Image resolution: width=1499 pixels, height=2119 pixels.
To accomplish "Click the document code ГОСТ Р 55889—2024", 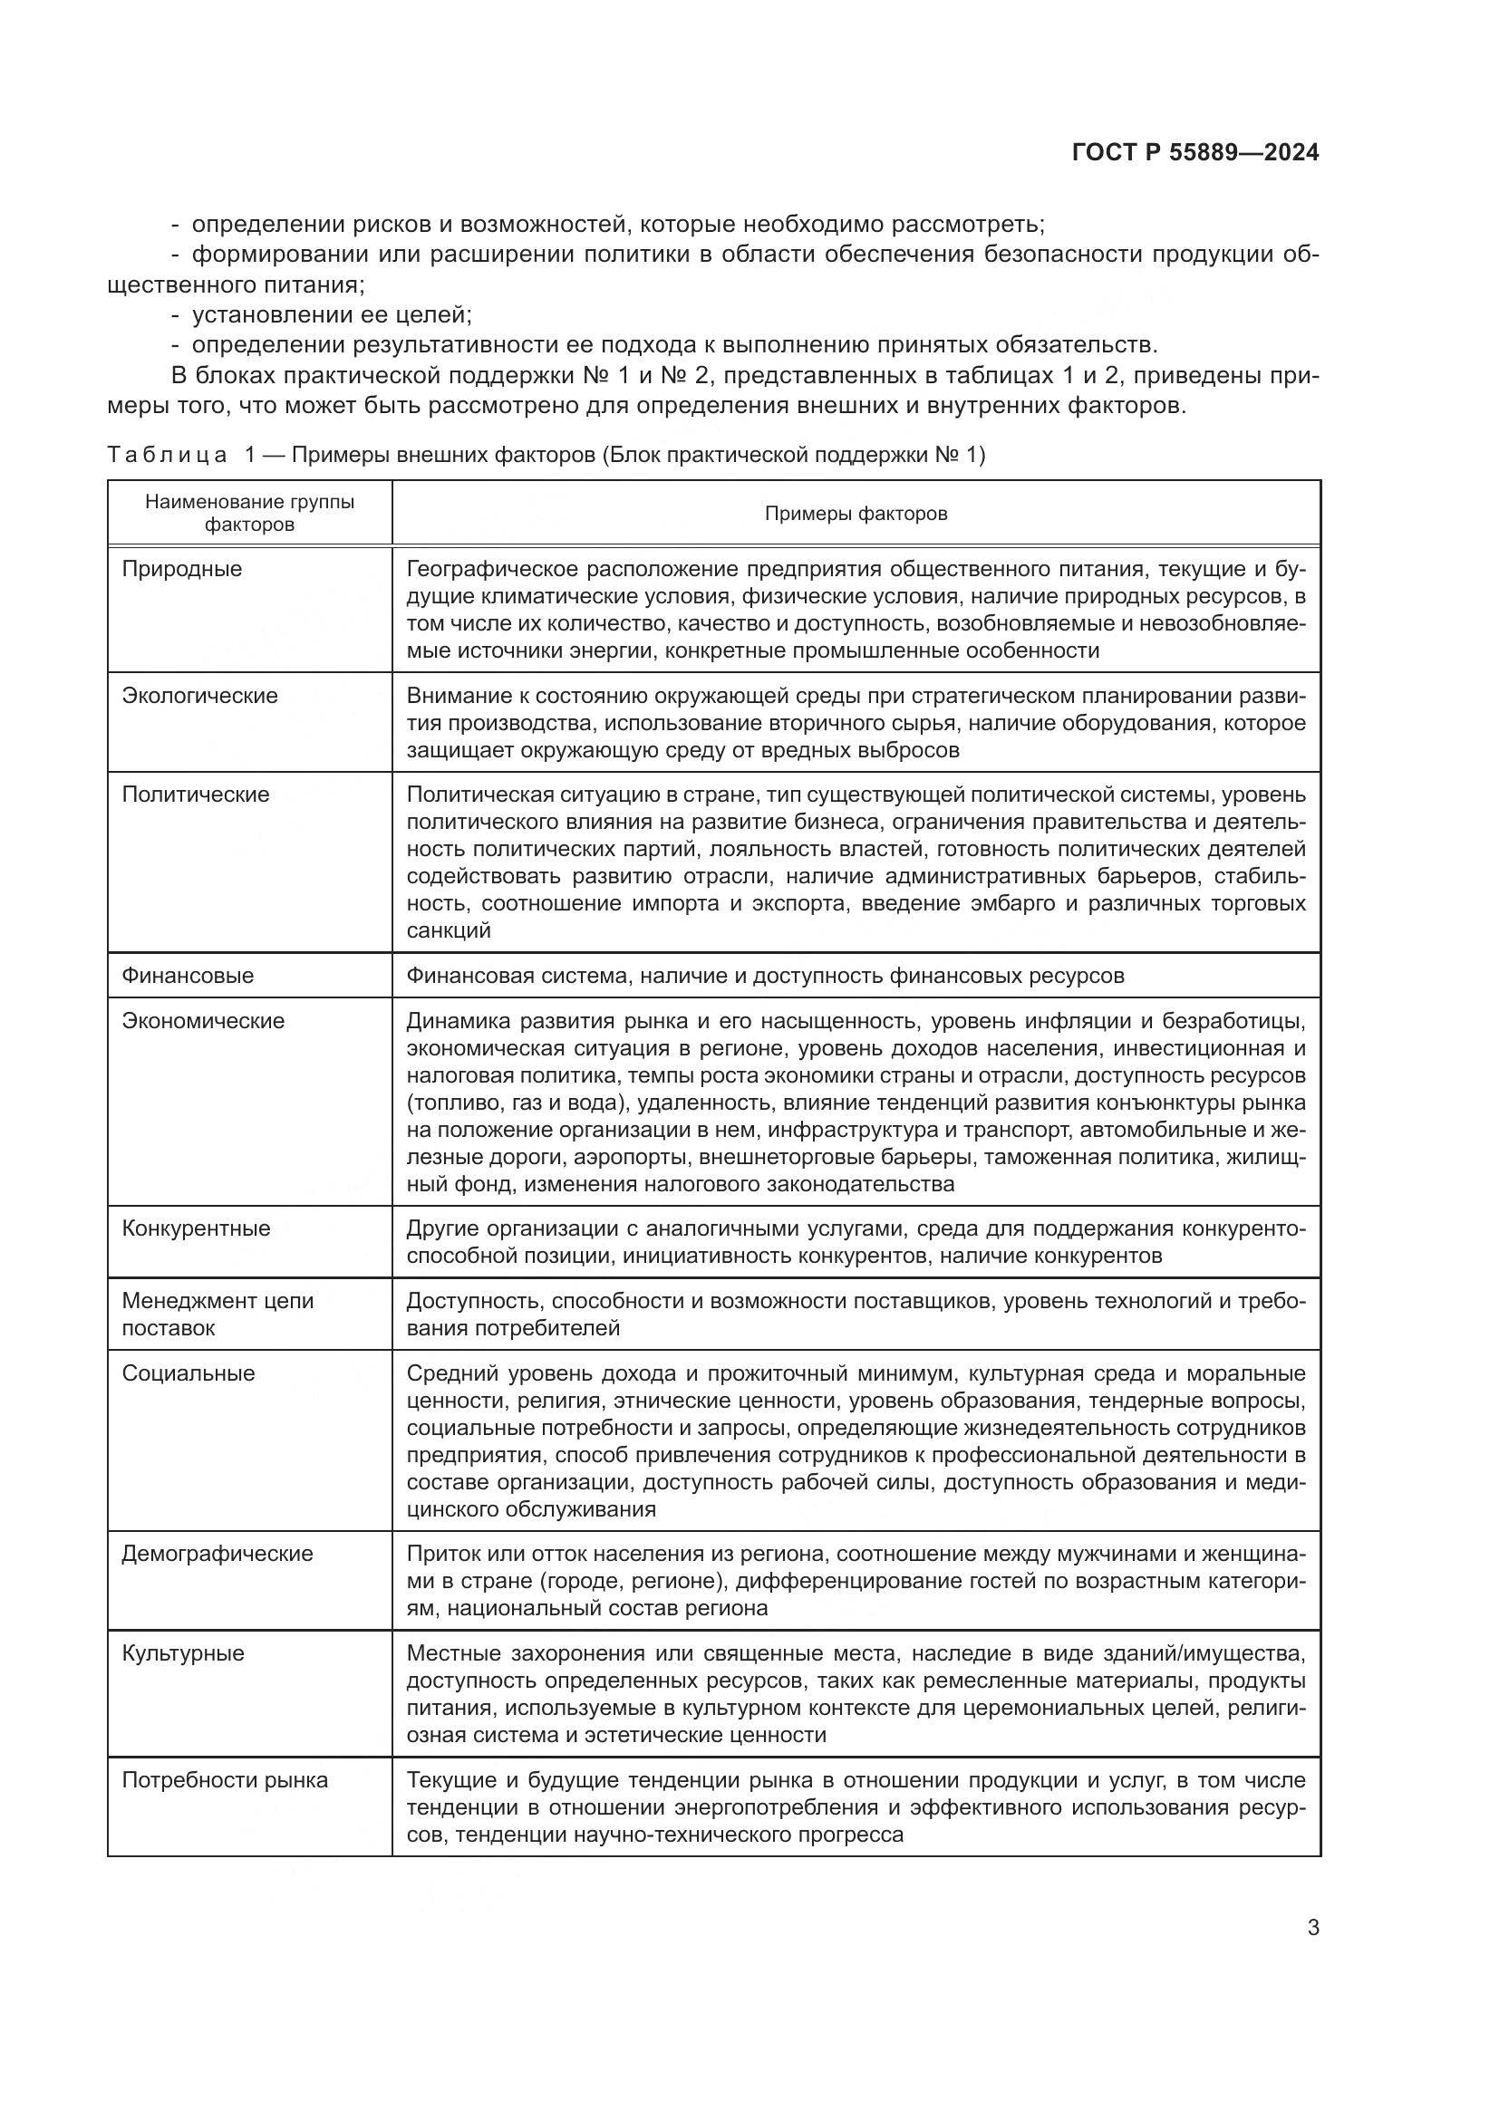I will (x=1195, y=153).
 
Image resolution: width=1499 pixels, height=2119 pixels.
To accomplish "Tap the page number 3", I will (x=1313, y=1927).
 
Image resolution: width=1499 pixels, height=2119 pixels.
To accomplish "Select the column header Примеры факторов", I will (x=856, y=513).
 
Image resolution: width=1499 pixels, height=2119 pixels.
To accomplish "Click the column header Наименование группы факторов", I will (x=249, y=513).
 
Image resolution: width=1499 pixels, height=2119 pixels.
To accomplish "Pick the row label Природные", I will (x=182, y=569).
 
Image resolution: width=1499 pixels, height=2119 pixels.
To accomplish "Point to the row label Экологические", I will (x=199, y=695).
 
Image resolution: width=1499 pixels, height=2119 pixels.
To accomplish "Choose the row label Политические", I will (x=196, y=794).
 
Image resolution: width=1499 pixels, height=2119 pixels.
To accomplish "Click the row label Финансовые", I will (x=188, y=976).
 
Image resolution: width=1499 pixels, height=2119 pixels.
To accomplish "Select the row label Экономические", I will (x=203, y=1021).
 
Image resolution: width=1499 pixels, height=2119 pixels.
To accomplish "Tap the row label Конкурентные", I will (x=196, y=1228).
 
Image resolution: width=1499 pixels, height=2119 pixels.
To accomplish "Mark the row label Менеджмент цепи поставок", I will (x=218, y=1315).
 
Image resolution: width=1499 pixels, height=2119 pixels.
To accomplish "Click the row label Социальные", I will (x=189, y=1373).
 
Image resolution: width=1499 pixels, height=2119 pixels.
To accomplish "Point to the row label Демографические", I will (x=217, y=1554).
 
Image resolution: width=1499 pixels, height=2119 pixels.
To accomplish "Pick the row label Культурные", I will (x=183, y=1652).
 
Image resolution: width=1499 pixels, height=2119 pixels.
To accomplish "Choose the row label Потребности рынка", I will (x=224, y=1779).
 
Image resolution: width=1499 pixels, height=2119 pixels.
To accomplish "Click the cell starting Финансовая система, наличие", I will (x=764, y=976).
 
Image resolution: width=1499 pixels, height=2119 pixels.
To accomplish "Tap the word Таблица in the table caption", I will (x=167, y=455).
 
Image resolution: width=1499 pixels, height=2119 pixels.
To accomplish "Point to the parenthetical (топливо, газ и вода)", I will (x=517, y=1102).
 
